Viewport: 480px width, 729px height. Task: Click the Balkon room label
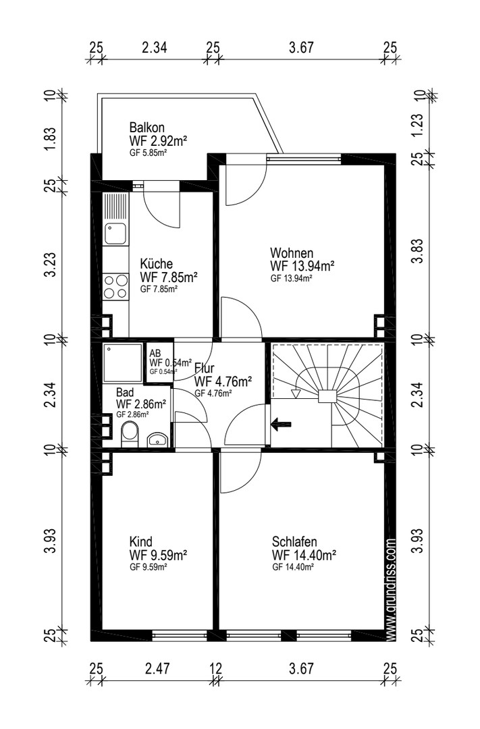[146, 127]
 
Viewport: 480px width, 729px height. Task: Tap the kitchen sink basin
[115, 234]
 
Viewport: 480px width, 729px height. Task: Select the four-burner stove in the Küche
[115, 286]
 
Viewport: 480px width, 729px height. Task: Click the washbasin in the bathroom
[158, 439]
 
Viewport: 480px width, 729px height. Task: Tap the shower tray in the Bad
[122, 363]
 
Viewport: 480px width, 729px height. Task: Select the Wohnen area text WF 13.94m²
[302, 266]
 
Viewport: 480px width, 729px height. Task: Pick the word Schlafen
[294, 541]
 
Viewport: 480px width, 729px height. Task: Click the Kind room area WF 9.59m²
[158, 555]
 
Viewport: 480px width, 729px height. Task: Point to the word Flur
[204, 369]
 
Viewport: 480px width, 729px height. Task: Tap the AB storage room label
[155, 353]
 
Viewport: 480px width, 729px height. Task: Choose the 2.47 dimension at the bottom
[157, 669]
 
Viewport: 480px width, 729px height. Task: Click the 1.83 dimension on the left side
[50, 138]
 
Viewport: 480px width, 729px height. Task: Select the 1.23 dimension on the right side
[418, 125]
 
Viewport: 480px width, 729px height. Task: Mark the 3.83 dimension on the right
[418, 251]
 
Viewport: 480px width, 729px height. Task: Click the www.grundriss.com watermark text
[391, 590]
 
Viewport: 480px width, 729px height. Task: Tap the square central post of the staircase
[327, 396]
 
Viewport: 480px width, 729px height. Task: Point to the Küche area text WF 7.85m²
[169, 277]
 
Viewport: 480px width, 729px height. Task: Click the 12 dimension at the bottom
[216, 669]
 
